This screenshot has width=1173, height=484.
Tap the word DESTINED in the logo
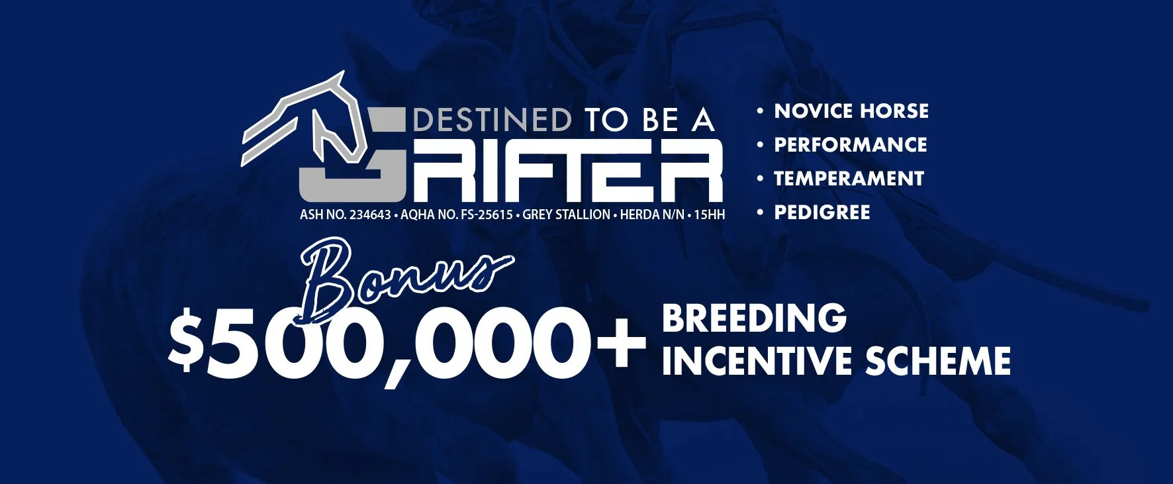pos(493,121)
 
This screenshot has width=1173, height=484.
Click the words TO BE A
pos(649,121)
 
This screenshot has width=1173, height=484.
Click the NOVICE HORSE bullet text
pos(851,111)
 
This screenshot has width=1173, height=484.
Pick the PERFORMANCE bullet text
pos(851,144)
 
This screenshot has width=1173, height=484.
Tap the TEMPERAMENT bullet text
pos(849,179)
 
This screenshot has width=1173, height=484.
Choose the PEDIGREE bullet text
pos(822,213)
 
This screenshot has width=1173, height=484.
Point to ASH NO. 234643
pos(345,215)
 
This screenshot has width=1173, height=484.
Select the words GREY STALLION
pos(567,215)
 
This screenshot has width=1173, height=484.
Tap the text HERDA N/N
pos(652,215)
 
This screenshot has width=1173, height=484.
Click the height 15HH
pos(709,215)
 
